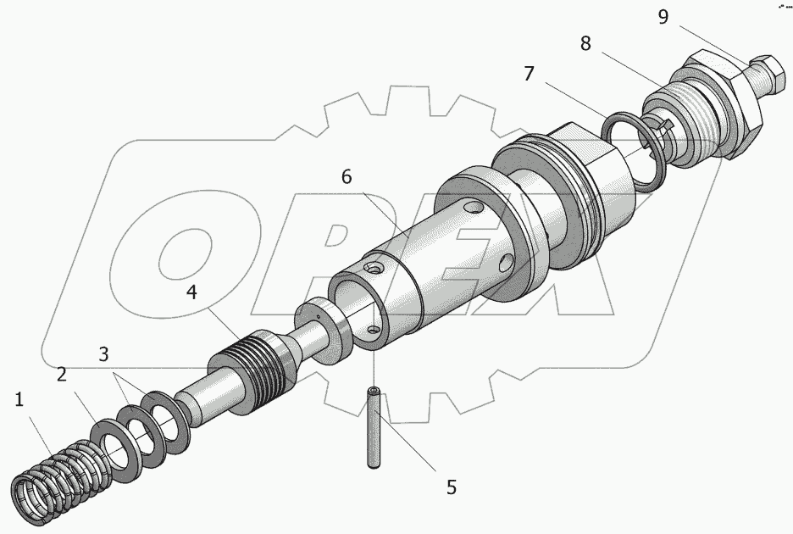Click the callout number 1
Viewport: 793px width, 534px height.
coord(19,400)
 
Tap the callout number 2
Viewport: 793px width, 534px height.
coord(62,375)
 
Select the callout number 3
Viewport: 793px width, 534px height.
coord(103,354)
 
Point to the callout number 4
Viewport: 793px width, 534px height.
coord(191,292)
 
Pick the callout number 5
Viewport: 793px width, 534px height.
coord(451,487)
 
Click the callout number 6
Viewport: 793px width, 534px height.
coord(347,177)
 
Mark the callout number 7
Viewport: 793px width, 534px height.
coord(529,74)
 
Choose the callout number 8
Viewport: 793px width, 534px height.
coord(585,44)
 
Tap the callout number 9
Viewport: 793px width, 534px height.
coord(663,17)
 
